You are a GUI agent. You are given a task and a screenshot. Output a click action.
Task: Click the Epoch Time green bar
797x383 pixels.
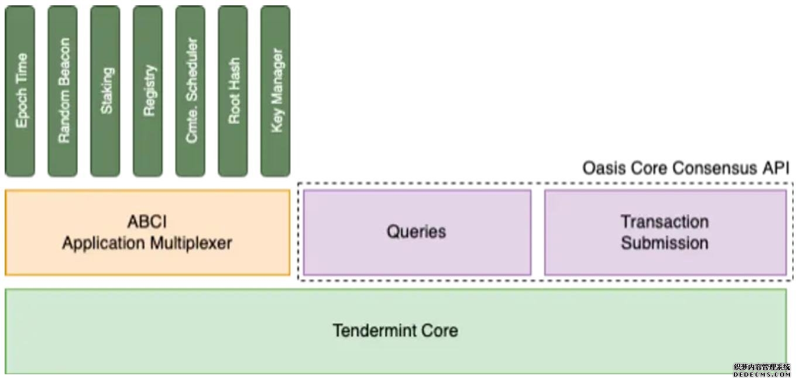coord(20,91)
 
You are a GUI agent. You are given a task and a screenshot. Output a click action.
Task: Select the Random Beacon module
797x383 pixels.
coord(63,91)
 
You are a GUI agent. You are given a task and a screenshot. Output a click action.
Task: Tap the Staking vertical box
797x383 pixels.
coord(105,91)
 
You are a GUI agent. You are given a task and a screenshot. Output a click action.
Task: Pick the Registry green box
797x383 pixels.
coord(148,91)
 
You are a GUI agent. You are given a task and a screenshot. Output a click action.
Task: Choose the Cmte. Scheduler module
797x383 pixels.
coord(191,91)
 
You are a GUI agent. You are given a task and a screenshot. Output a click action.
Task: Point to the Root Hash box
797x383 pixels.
coord(233,91)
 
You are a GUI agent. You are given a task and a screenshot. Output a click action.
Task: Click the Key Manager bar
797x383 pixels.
coord(276,91)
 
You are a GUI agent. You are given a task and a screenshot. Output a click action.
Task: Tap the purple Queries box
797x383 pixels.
coord(416,232)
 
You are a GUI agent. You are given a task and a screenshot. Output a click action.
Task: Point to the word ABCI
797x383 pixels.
coord(147,222)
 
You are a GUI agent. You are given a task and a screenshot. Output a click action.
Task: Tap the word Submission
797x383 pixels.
coord(665,243)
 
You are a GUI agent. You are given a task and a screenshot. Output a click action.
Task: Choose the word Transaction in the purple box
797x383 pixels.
coord(665,222)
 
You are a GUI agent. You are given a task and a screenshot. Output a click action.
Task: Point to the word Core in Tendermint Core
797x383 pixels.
coord(442,330)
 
